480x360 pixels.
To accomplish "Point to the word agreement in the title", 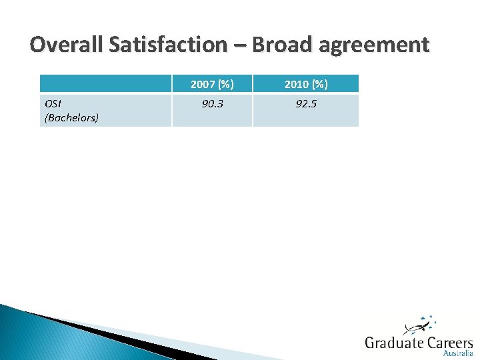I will click(x=374, y=45).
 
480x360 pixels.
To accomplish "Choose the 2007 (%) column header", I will click(x=212, y=84).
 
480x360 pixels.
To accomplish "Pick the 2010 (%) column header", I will click(x=305, y=84).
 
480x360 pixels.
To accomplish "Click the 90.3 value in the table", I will click(x=212, y=104).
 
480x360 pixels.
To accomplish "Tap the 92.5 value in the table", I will click(x=305, y=104).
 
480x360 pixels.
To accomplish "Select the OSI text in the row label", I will click(x=52, y=105).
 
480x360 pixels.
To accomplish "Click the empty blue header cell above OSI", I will click(x=105, y=83).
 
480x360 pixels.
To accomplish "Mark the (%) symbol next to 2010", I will click(x=319, y=84).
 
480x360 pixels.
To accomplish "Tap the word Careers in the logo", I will click(x=450, y=343).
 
